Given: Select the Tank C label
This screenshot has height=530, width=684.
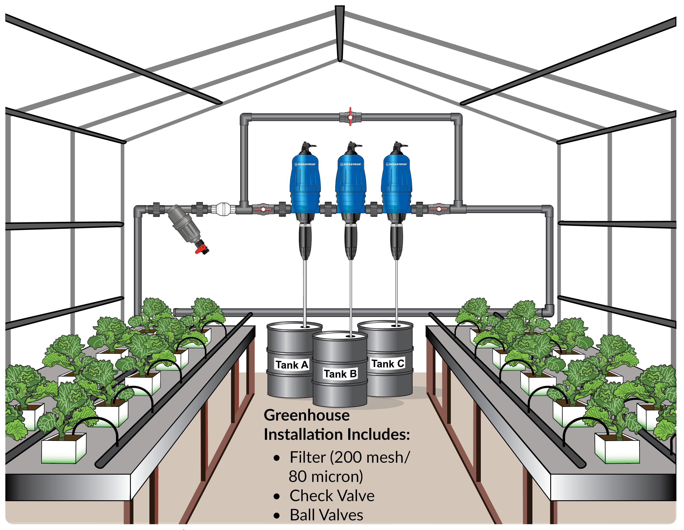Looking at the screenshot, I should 388,363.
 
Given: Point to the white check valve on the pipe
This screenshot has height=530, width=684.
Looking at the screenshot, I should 223,209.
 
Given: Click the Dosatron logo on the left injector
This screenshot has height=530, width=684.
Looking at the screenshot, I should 305,164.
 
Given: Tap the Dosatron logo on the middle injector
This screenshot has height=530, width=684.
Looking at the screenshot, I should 351,164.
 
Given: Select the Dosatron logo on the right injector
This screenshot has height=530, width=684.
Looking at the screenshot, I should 396,164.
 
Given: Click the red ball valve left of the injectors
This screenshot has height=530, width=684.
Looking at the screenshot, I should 263,209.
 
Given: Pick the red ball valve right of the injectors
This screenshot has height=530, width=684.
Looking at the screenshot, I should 439,209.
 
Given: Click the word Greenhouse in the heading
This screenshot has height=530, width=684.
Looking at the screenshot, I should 306,415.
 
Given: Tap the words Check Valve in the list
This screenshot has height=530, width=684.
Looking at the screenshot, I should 332,496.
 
